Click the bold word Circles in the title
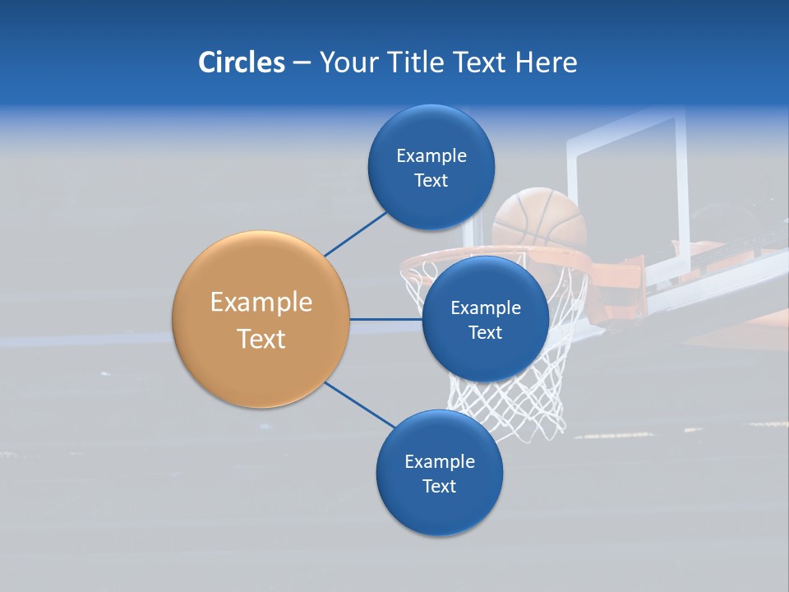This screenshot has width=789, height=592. [242, 62]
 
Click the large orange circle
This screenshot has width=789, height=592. [261, 319]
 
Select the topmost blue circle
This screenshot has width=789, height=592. [431, 167]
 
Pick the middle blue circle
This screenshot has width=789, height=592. [485, 319]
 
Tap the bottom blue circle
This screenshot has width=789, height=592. [439, 473]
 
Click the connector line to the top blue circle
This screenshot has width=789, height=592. [355, 234]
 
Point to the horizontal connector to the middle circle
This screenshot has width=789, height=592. [385, 319]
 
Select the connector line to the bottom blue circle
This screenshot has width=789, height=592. [360, 405]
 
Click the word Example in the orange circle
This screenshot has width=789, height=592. [261, 302]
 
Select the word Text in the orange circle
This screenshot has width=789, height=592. [261, 338]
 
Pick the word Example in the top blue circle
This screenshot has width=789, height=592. [431, 155]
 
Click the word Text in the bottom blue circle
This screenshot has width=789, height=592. [439, 486]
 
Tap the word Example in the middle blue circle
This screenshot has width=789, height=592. [485, 308]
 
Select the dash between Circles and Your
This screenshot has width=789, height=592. [302, 63]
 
